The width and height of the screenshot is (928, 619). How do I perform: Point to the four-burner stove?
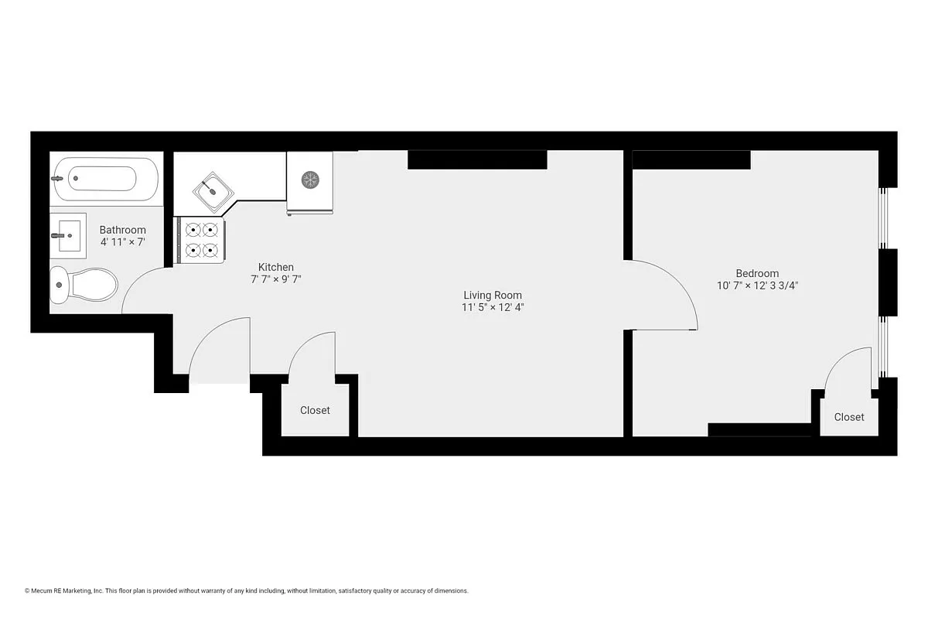[202, 240]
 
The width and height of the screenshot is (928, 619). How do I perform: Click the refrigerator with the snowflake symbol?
[309, 180]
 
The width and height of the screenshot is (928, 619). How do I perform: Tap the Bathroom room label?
[122, 230]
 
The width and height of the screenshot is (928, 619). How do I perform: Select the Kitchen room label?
[275, 267]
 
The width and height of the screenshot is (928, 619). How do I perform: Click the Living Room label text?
[492, 295]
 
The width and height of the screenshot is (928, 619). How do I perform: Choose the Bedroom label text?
[756, 273]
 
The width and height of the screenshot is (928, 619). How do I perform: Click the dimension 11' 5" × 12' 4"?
[492, 307]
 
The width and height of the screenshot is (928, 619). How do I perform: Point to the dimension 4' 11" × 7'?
[122, 242]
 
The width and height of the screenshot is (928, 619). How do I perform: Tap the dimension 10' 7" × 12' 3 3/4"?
[756, 285]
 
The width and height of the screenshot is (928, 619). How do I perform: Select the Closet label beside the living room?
[315, 410]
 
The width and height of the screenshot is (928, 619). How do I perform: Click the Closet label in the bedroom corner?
[848, 417]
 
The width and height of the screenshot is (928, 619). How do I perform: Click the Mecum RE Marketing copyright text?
[246, 590]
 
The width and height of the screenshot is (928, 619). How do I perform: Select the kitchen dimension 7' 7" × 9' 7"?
[275, 279]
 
